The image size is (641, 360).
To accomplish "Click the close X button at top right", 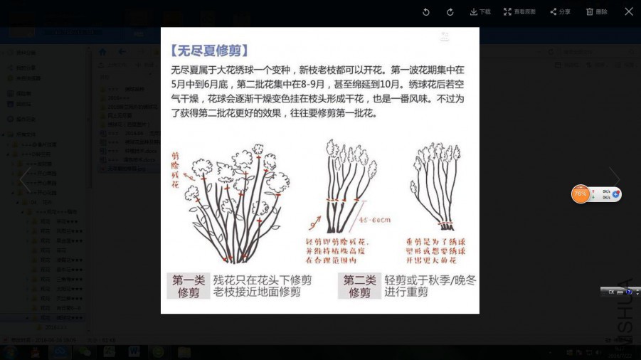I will click(629, 11).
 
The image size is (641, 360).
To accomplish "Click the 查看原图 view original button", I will click(519, 12).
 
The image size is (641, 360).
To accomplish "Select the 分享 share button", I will click(561, 12).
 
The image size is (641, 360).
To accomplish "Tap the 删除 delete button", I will click(597, 12).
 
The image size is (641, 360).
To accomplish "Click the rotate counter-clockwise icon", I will click(426, 12).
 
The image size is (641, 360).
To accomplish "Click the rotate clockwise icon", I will click(450, 12).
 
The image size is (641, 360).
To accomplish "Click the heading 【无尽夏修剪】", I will click(210, 51).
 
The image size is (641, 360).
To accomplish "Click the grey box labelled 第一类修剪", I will click(188, 286).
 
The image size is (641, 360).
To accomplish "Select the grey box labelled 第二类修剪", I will click(359, 286).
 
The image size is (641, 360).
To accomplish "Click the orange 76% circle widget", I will click(581, 194).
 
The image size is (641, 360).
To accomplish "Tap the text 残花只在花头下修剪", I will click(262, 280).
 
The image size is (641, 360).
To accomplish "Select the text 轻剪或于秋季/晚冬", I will click(430, 280).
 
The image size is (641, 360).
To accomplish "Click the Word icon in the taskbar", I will click(134, 351).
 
